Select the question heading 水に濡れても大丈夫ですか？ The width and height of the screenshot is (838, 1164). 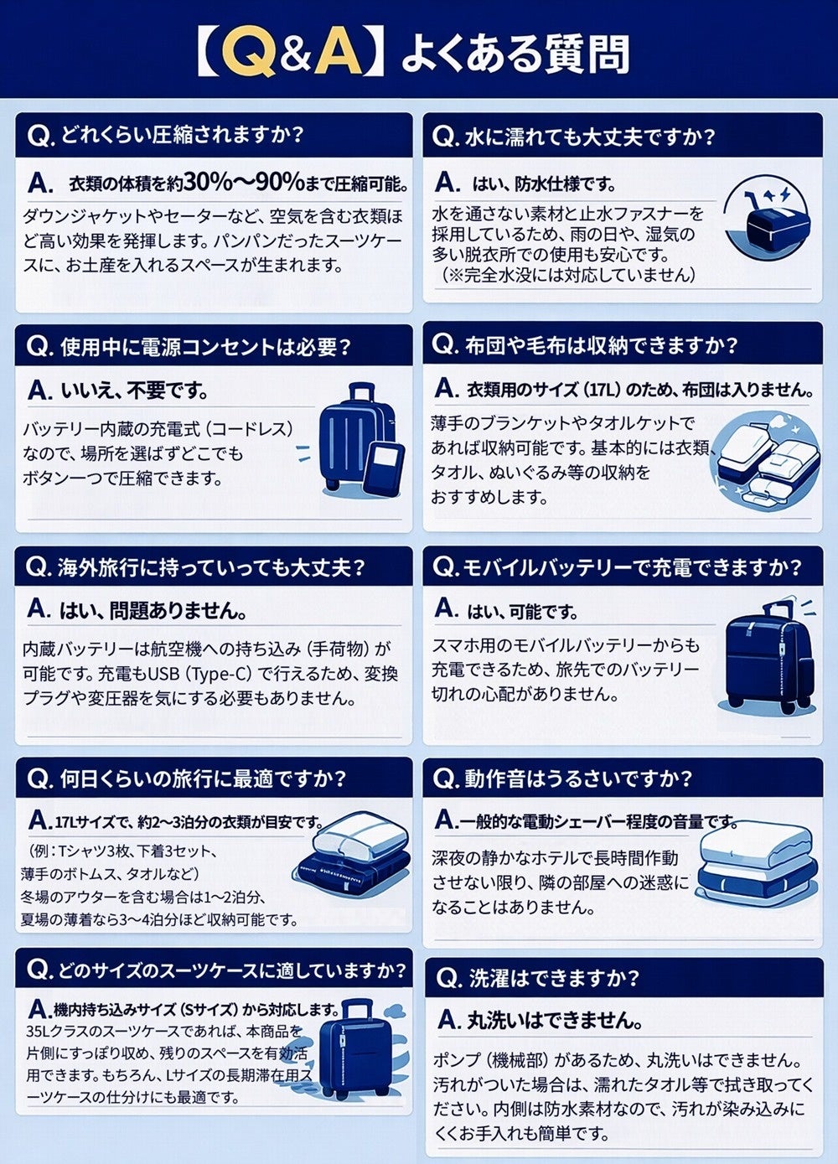tap(590, 136)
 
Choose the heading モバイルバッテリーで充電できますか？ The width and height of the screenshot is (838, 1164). tap(630, 568)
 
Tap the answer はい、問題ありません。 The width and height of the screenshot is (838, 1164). tap(153, 611)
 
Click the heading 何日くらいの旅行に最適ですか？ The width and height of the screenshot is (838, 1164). tap(203, 779)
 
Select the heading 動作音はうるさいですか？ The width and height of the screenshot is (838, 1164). tap(578, 779)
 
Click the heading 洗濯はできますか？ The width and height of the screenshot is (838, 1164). tap(554, 979)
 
